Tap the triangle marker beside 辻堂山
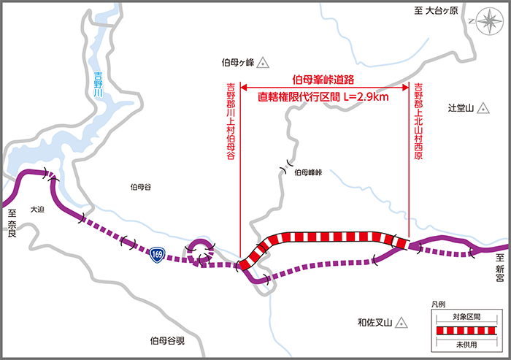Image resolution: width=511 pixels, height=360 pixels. [x=483, y=109]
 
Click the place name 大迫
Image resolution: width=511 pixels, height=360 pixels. [x=39, y=209]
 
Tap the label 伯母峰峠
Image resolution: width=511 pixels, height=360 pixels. [x=309, y=174]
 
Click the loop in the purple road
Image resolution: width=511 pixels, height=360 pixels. [x=199, y=250]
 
